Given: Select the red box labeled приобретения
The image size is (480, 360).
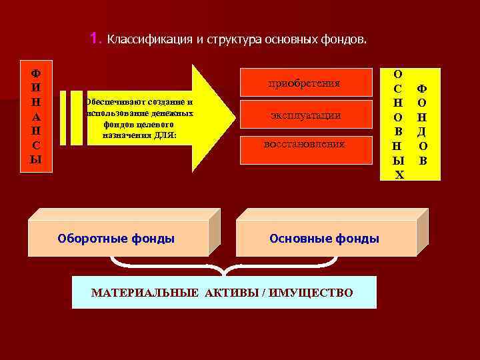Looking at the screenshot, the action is (x=304, y=83).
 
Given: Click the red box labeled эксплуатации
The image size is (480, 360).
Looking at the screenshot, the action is (x=305, y=115).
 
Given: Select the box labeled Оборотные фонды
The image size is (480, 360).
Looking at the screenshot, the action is (x=117, y=238).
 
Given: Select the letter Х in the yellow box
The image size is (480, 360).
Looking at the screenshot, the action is (x=399, y=175).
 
